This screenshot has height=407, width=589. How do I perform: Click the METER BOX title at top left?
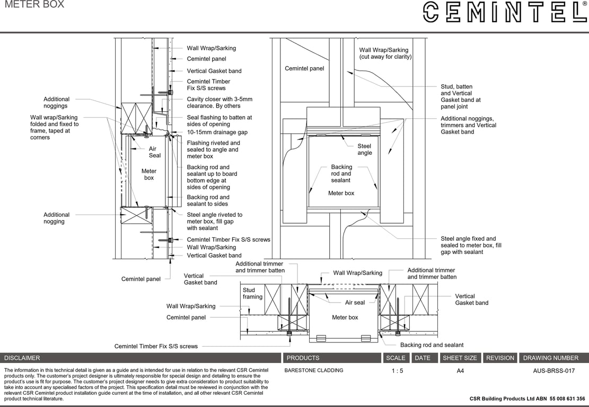(34, 5)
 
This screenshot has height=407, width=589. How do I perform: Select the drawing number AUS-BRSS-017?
(553, 371)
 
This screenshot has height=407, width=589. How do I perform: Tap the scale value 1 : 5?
(397, 371)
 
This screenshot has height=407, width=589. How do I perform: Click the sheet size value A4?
(460, 371)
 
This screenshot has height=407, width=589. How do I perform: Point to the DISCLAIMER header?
(22, 358)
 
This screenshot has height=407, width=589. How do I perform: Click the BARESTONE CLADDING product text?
(314, 370)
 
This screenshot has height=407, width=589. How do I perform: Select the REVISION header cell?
(500, 358)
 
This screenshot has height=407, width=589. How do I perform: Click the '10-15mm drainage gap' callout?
(217, 132)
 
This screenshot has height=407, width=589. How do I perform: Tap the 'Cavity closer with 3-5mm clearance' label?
(219, 102)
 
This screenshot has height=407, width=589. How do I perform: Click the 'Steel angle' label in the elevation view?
(364, 149)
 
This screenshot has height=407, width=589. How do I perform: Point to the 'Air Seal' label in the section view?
(154, 152)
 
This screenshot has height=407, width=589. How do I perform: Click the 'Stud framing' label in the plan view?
(252, 294)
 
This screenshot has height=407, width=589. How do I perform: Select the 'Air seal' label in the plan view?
(355, 303)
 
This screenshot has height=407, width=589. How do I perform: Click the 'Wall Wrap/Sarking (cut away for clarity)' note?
(385, 54)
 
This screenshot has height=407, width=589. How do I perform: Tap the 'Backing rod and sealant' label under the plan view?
(432, 345)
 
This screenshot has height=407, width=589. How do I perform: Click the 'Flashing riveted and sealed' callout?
(213, 149)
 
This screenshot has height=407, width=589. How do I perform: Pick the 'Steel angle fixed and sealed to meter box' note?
(471, 245)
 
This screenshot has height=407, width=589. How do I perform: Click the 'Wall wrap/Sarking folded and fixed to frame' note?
(54, 127)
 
